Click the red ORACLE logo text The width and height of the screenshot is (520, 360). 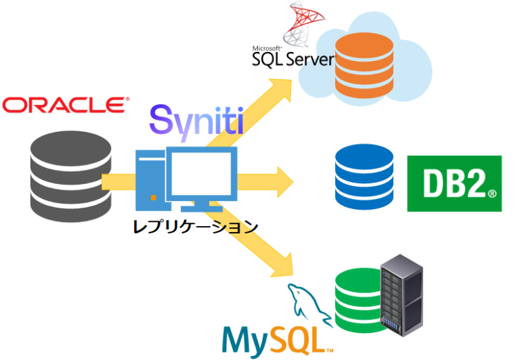(x=65, y=105)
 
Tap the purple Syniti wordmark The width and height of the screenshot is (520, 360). (x=196, y=121)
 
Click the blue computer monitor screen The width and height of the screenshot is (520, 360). (x=202, y=173)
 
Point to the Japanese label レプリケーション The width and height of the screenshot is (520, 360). (x=195, y=226)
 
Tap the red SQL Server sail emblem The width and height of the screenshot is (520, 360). (x=301, y=24)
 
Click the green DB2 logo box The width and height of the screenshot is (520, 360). (x=454, y=183)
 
